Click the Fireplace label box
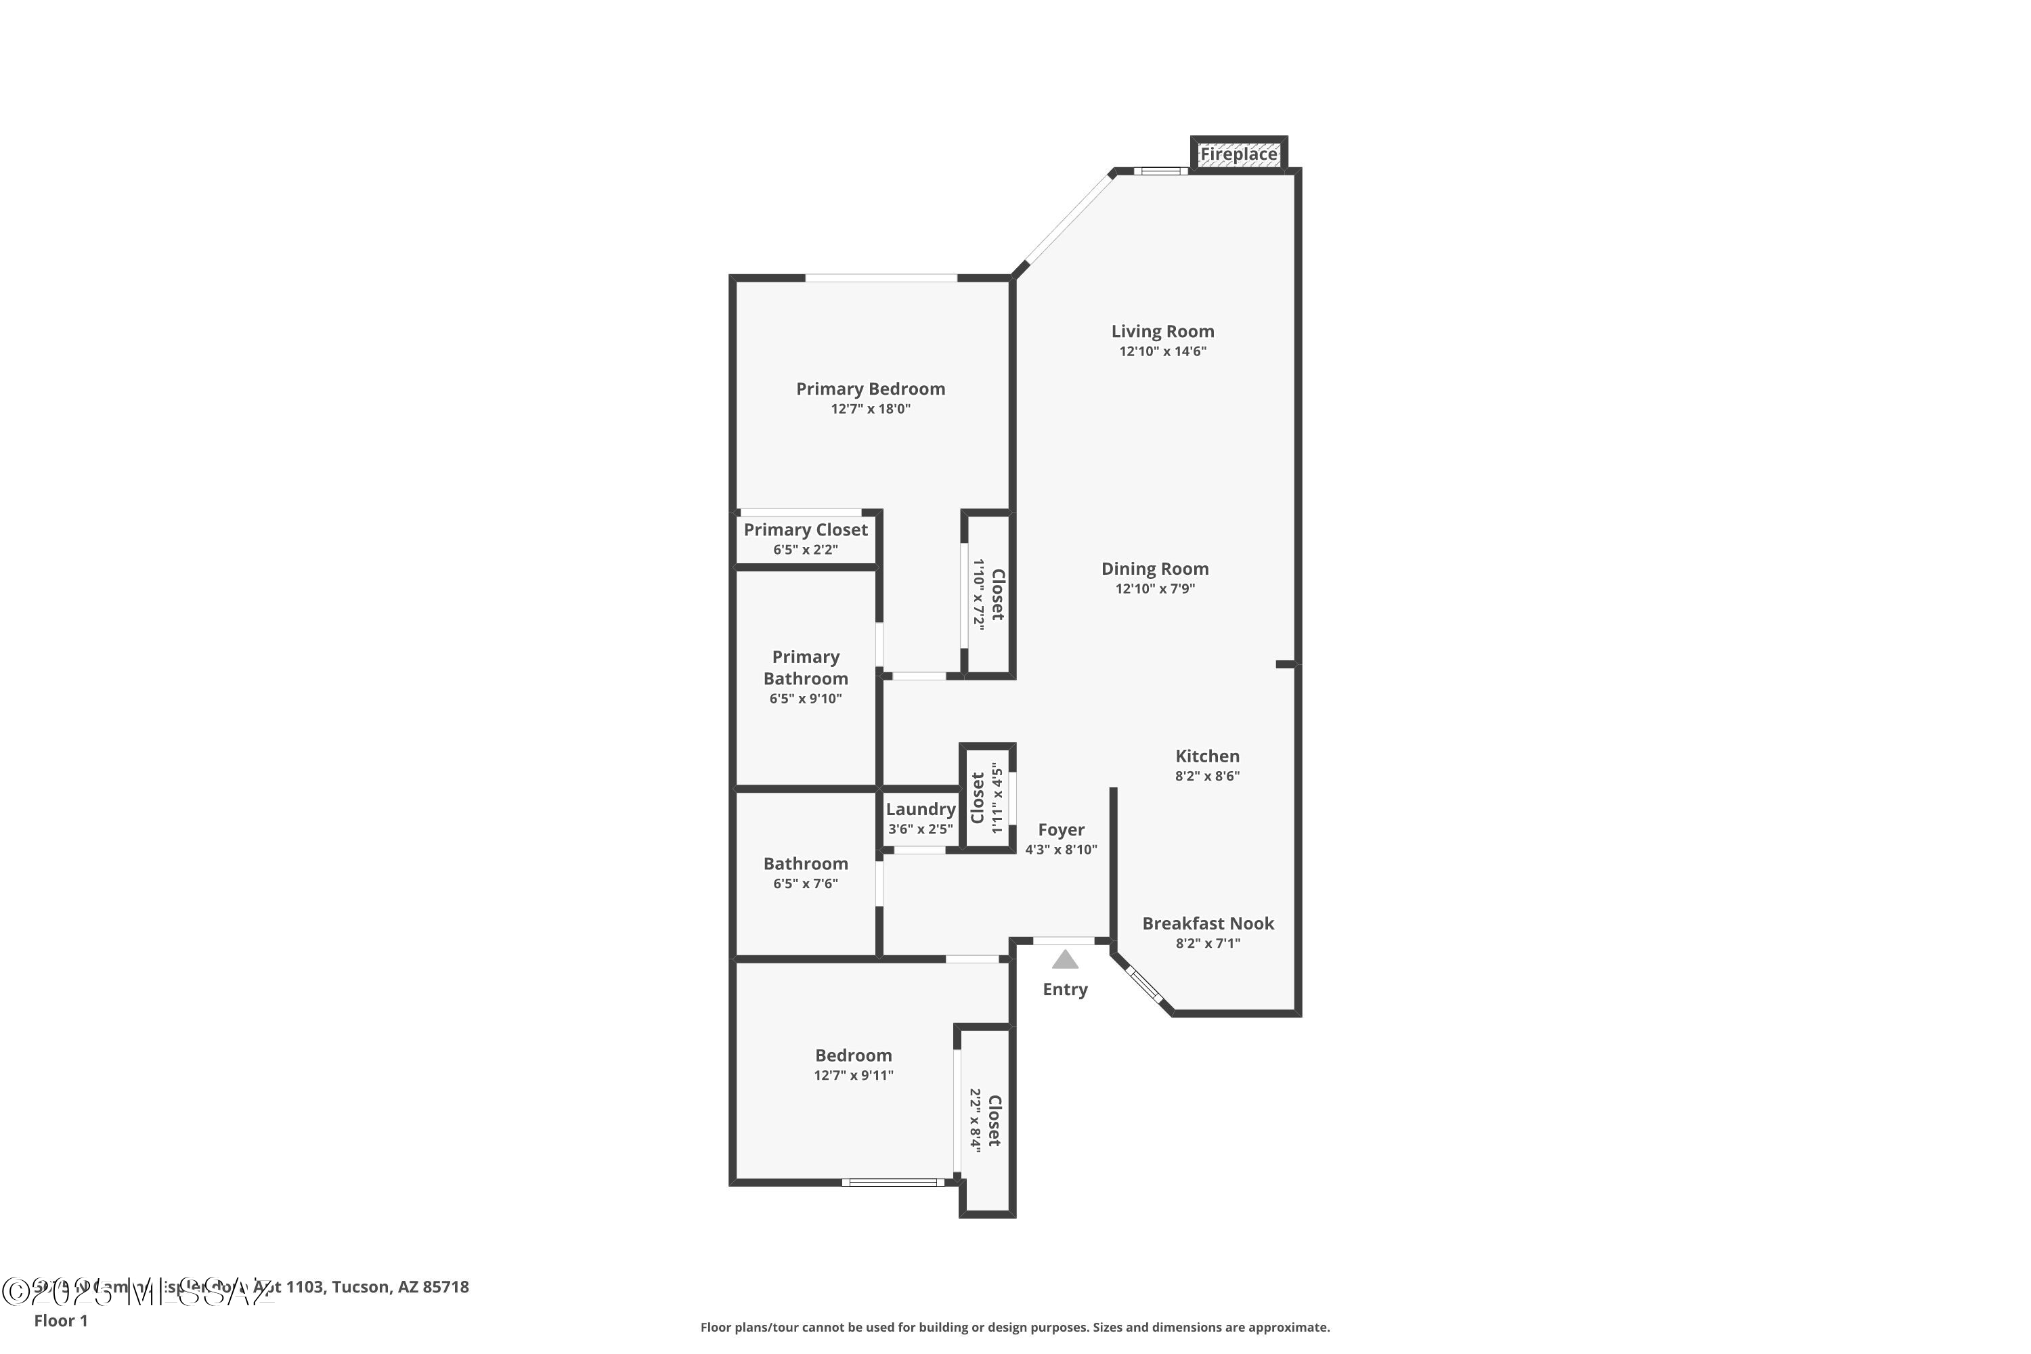[1238, 154]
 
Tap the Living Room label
[1162, 332]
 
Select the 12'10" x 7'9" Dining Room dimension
[1154, 589]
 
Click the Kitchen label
[1206, 756]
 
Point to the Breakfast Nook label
[1207, 923]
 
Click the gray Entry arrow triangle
[1065, 959]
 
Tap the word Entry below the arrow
[1065, 990]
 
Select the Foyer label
[1060, 830]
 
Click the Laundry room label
[921, 809]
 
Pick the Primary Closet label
[805, 530]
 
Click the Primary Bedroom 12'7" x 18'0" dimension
[871, 410]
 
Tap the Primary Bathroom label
[805, 668]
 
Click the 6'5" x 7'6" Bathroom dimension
[805, 883]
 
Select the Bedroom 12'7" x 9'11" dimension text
[853, 1075]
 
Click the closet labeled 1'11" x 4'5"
[986, 798]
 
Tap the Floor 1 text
[60, 1320]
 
